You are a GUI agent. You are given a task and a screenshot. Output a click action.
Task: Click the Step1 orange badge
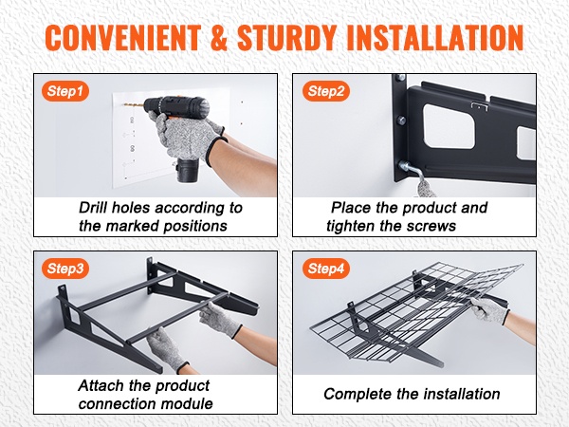pyautogui.click(x=65, y=91)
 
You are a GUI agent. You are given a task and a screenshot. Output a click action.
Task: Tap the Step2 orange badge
pyautogui.click(x=326, y=91)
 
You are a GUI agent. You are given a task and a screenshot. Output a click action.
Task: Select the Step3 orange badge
pyautogui.click(x=65, y=269)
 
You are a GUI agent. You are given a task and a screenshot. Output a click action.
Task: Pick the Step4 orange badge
pyautogui.click(x=326, y=269)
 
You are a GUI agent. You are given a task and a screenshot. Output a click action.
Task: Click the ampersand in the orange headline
pyautogui.click(x=219, y=38)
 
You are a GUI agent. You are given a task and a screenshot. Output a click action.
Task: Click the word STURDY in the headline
pyautogui.click(x=286, y=38)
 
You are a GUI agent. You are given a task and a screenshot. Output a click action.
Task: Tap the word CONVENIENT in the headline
pyautogui.click(x=123, y=38)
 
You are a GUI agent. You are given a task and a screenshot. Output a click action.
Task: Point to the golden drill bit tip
pyautogui.click(x=125, y=104)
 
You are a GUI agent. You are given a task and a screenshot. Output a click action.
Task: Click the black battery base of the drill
pyautogui.click(x=188, y=170)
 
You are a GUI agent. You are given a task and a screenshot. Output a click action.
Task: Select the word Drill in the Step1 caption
pyautogui.click(x=93, y=208)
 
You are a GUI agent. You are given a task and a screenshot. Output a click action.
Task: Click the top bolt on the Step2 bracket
pyautogui.click(x=400, y=78)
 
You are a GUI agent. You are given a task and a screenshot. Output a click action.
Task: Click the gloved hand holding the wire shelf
pyautogui.click(x=488, y=309)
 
